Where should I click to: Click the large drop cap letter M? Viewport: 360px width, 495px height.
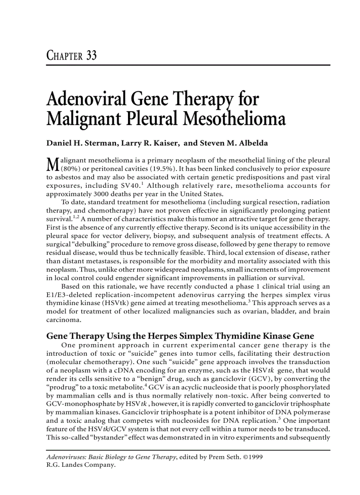pos(52,164)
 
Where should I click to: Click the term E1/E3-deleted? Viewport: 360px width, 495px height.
pos(67,295)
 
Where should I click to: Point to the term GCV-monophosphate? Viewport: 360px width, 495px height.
pos(76,404)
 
